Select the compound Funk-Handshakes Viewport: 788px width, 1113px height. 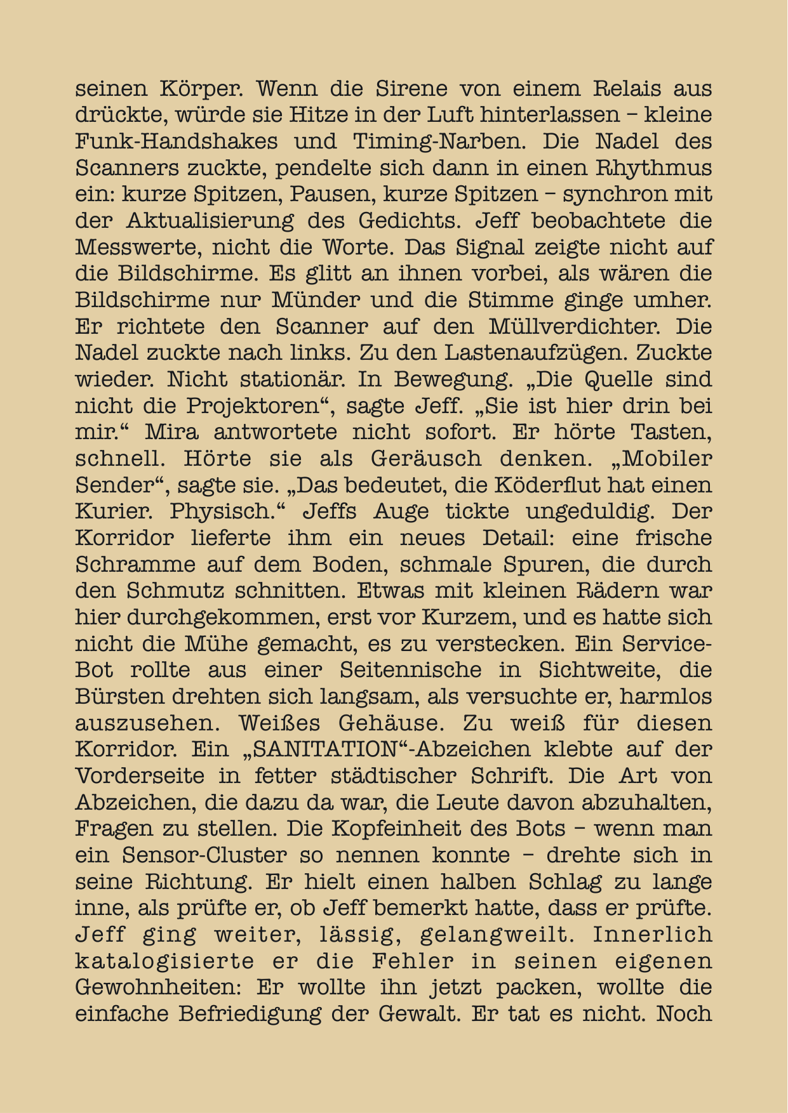coord(177,142)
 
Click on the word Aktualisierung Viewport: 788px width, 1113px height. coord(210,221)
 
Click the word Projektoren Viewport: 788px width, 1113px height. coord(261,406)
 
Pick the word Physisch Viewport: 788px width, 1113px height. coord(244,511)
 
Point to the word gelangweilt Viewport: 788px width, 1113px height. coord(496,935)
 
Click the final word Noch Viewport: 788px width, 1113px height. coord(684,1014)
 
